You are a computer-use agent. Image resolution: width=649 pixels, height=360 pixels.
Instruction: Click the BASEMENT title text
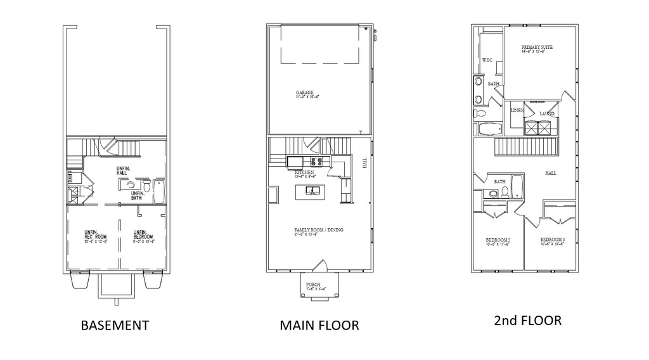click(115, 325)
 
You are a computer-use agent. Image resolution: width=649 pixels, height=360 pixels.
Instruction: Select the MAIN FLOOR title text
click(319, 325)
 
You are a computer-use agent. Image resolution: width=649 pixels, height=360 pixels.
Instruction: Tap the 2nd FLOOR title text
click(527, 320)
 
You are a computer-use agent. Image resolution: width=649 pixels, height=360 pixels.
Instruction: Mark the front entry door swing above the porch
click(321, 266)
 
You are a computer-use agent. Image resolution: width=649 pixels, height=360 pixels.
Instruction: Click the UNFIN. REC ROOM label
click(95, 236)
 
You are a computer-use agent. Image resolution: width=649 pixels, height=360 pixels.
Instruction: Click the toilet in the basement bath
click(147, 186)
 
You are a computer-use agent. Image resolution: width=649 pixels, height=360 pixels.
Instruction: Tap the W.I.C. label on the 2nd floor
click(487, 60)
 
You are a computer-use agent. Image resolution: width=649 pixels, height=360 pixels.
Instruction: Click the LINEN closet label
click(516, 110)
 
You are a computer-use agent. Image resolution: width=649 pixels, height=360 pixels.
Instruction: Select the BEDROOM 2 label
click(498, 241)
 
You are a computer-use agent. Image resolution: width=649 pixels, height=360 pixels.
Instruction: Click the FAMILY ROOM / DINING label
click(318, 231)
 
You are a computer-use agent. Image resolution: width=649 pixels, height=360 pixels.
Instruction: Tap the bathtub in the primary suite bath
click(489, 129)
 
